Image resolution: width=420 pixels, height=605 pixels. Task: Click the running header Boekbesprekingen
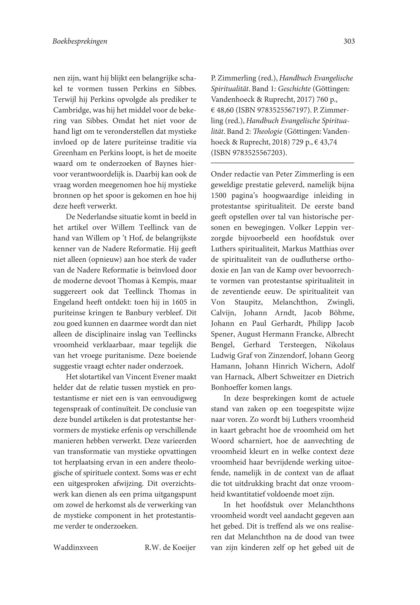coord(80,42)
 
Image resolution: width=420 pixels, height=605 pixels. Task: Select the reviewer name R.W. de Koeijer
coord(170,548)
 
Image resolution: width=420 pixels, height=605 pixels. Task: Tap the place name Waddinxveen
coord(76,548)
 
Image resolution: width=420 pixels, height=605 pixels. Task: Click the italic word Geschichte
coord(294,89)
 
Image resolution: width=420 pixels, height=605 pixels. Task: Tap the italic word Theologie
coord(269,131)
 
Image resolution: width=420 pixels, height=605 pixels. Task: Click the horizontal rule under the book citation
coord(282,163)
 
